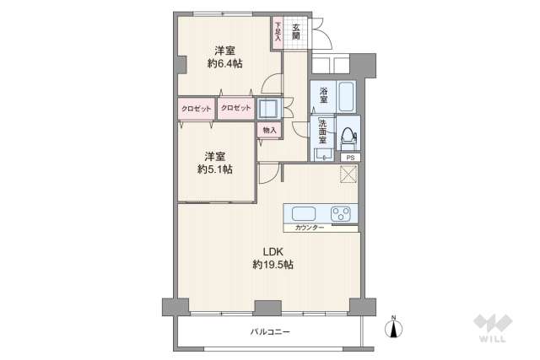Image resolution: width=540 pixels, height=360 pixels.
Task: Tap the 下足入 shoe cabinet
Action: (x=278, y=34)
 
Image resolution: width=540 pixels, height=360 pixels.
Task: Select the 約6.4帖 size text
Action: (x=225, y=63)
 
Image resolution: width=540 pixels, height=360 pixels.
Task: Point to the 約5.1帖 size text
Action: (x=215, y=169)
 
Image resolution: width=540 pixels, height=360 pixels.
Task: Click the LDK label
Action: (x=273, y=252)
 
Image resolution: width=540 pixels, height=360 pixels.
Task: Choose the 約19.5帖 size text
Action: (x=273, y=265)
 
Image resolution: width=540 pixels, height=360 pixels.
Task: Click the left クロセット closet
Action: (x=197, y=109)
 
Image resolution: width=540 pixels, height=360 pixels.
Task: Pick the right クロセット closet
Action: (x=236, y=109)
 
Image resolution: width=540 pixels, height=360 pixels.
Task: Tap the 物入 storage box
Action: (x=270, y=131)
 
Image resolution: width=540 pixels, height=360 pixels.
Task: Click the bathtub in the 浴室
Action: (x=346, y=96)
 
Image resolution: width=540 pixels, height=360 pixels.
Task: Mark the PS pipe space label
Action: (x=351, y=158)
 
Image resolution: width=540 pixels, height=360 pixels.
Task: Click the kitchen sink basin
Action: (x=304, y=214)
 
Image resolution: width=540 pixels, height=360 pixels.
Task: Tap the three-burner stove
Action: (x=341, y=214)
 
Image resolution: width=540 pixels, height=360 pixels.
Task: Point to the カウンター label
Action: (x=310, y=228)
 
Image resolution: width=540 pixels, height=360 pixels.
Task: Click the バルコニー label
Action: (x=270, y=332)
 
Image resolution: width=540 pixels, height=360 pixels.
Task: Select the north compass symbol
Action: (x=394, y=327)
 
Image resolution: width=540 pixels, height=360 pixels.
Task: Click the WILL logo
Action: (x=493, y=329)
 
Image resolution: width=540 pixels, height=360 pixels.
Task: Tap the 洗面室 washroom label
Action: (x=322, y=132)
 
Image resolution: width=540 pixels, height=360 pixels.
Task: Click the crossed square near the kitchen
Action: (x=348, y=175)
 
